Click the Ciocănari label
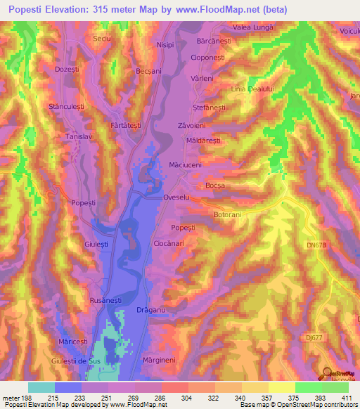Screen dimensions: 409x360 tap(169, 242)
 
